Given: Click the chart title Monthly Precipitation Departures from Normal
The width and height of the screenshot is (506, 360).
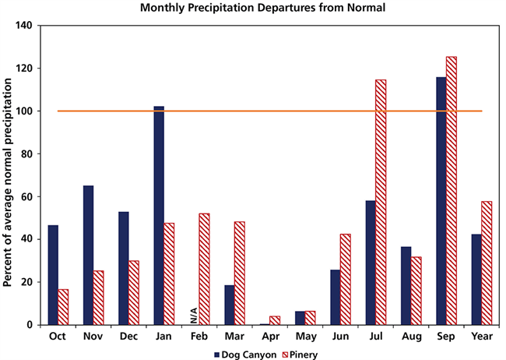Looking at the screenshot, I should [252, 9].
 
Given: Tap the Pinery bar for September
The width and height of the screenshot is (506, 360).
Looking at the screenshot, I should [451, 190].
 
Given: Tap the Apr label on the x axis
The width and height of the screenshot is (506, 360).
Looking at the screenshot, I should [269, 336].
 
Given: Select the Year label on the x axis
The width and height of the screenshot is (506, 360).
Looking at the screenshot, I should [481, 336].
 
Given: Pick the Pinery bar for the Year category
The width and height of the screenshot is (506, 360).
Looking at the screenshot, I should [487, 263].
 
